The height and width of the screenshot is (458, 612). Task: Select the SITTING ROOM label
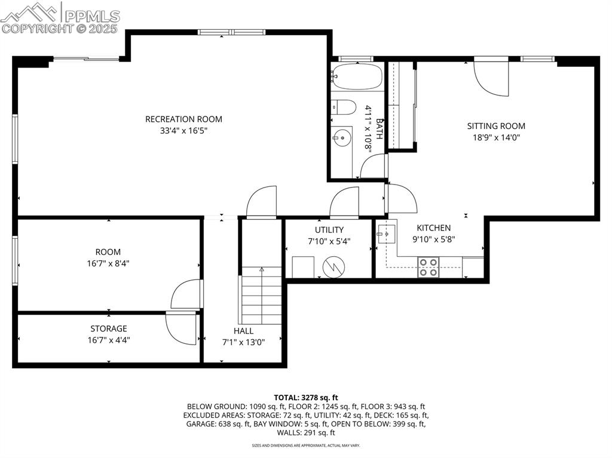[x=496, y=126]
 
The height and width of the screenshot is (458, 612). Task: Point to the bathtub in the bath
[x=357, y=76]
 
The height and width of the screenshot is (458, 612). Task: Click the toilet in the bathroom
[x=343, y=107]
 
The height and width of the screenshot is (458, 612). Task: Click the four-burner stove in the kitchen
[x=428, y=266]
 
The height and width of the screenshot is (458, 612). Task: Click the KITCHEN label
[x=433, y=228]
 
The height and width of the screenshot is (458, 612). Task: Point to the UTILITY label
[x=329, y=230]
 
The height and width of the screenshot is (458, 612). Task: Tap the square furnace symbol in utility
[x=303, y=266]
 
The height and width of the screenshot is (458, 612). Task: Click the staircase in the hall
[x=261, y=296]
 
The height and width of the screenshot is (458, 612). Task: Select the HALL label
[x=243, y=331]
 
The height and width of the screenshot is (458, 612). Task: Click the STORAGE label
[x=109, y=328]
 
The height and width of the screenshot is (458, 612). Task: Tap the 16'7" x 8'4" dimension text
[x=108, y=263]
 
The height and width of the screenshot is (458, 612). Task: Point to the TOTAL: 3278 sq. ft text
[x=306, y=397]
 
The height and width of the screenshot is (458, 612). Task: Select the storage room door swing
[x=180, y=329]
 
